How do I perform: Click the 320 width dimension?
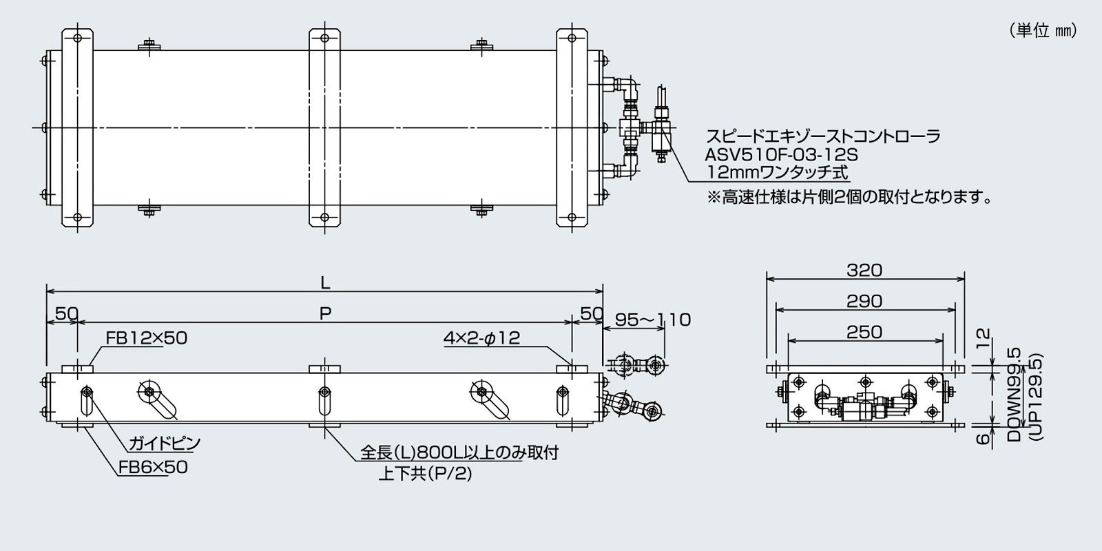[864, 270]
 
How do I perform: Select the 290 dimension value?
[864, 301]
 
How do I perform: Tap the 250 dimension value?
[864, 332]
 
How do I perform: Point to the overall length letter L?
[325, 282]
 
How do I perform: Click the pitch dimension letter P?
[325, 313]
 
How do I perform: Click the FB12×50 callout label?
[147, 338]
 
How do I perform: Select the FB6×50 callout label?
[153, 467]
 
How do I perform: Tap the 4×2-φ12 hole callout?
[482, 338]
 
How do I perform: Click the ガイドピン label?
[164, 443]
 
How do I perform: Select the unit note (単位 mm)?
[1043, 31]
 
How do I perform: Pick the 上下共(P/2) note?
[425, 474]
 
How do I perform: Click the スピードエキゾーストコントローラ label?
[824, 136]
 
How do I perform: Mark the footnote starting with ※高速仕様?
[850, 198]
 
